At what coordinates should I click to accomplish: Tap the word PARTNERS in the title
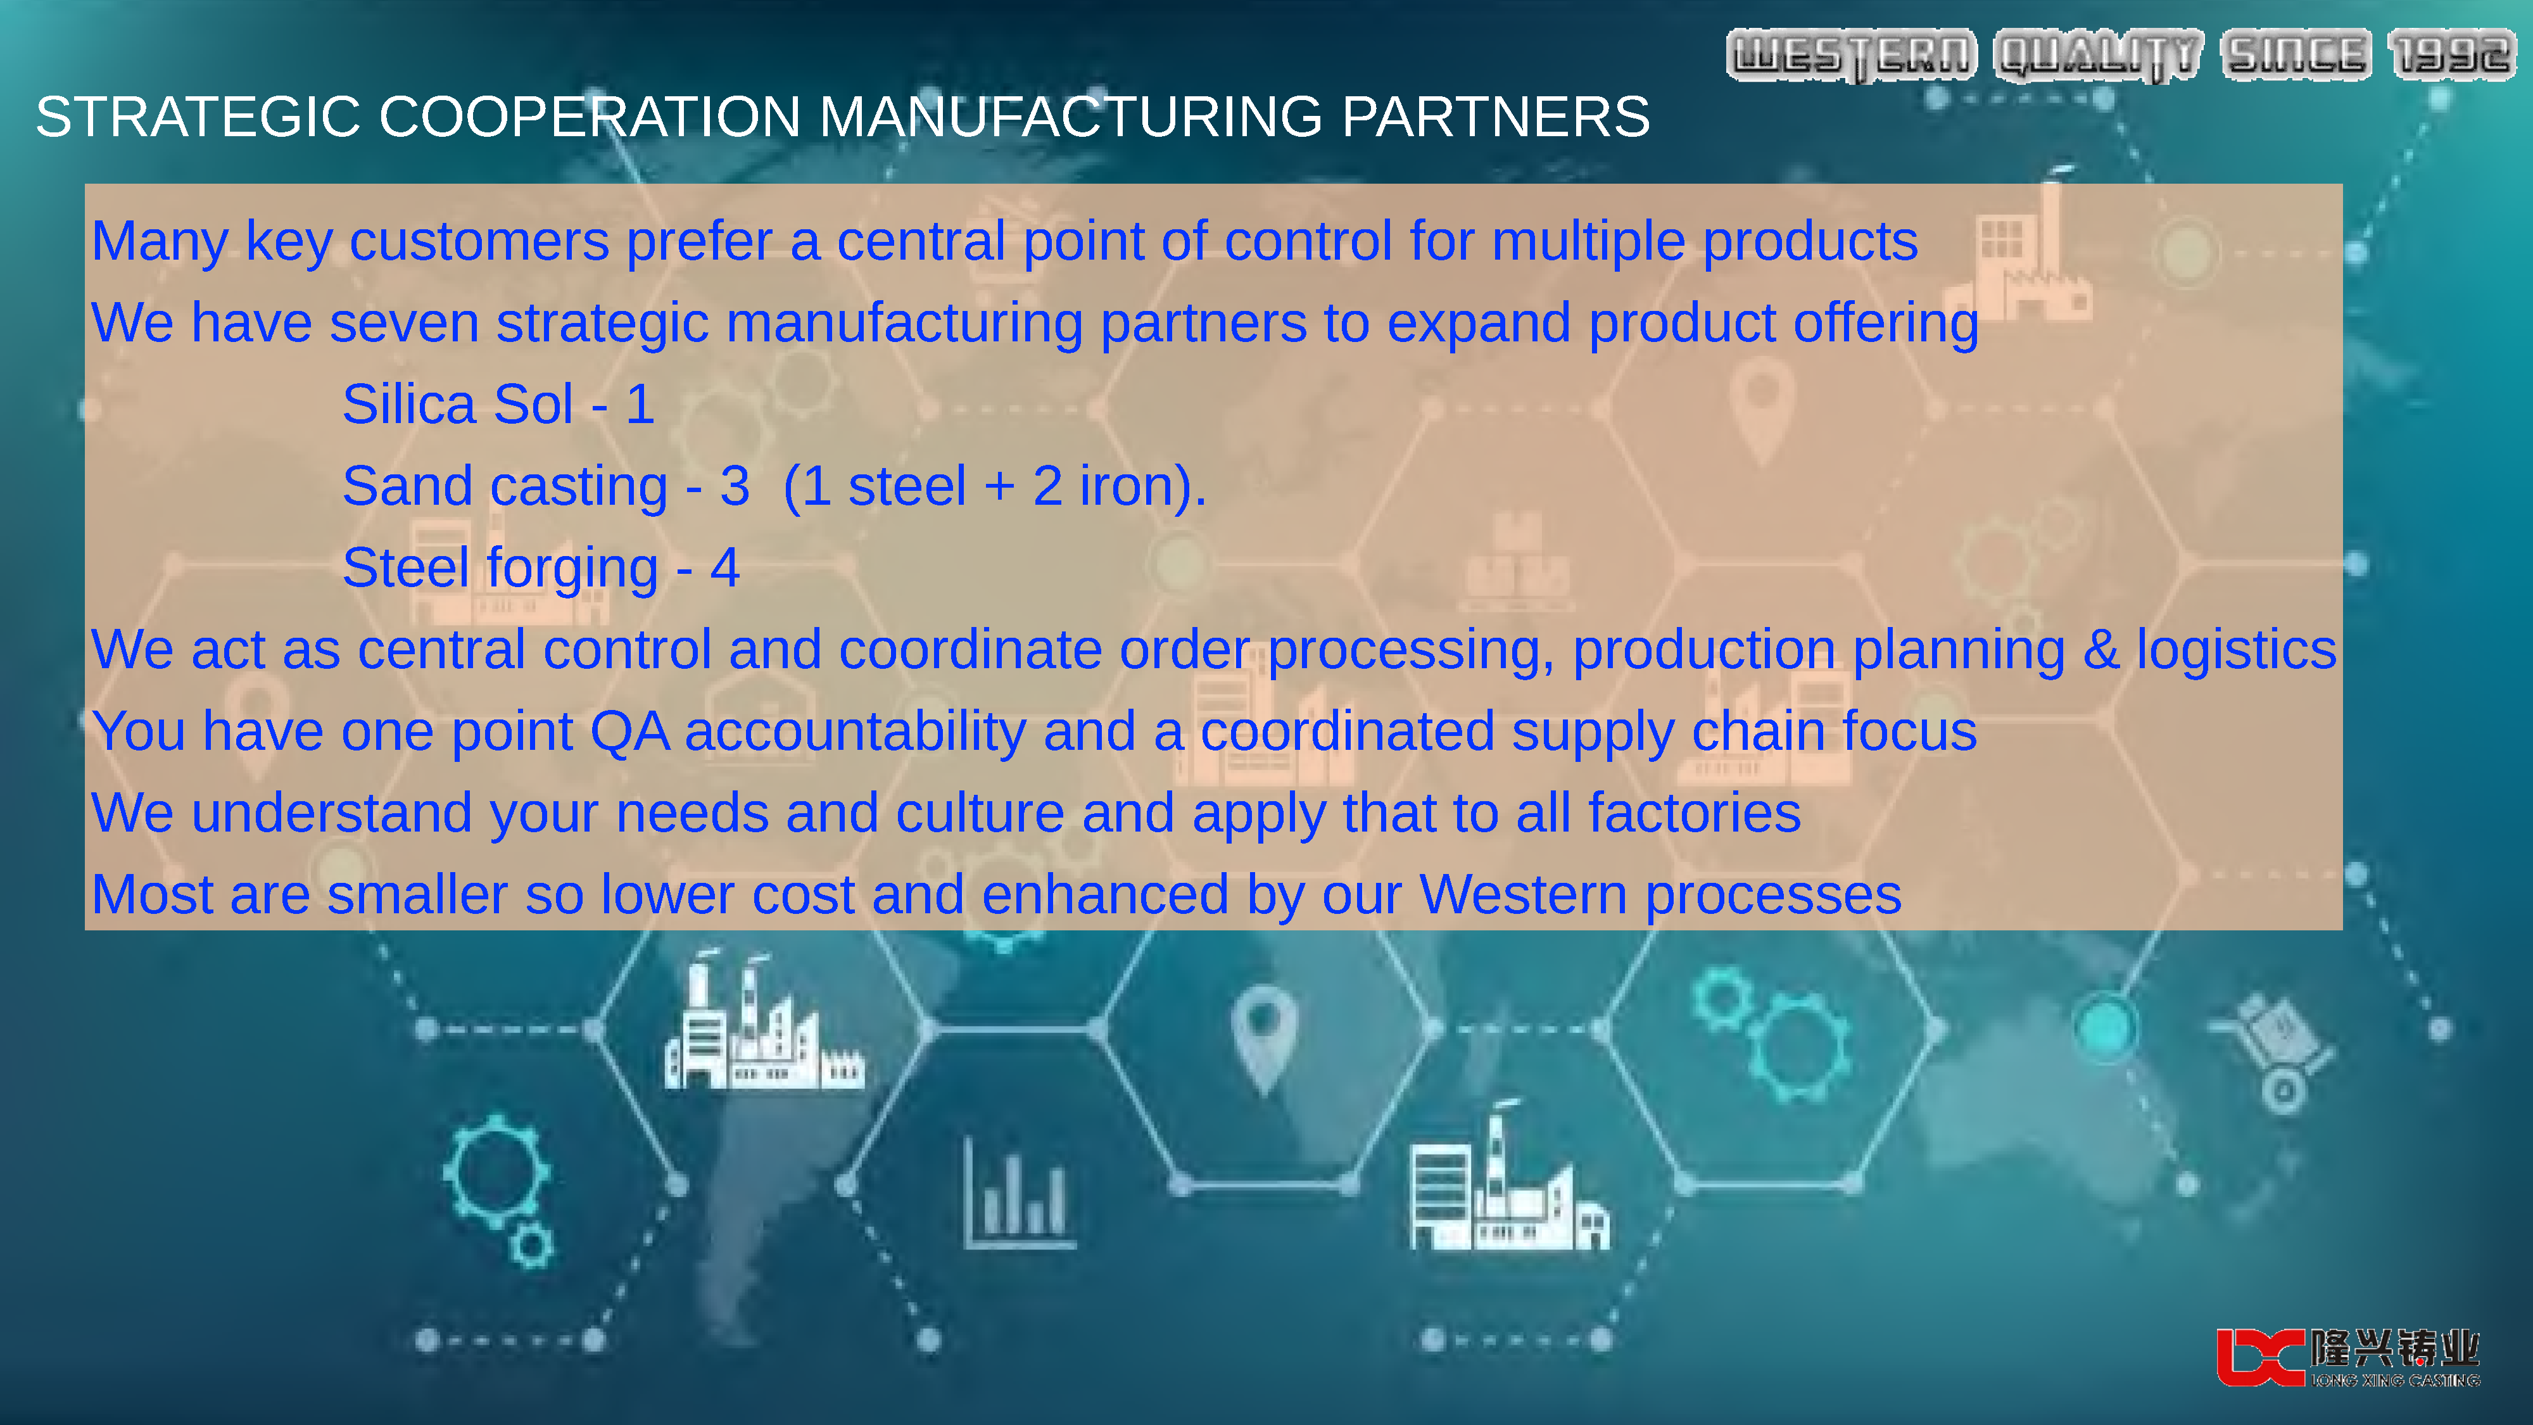(x=1496, y=117)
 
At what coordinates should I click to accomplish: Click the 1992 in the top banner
(x=2453, y=55)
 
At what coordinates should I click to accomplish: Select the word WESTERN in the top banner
(x=1852, y=55)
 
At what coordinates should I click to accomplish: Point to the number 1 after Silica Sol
(x=640, y=404)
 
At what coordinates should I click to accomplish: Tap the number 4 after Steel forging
(x=724, y=567)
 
